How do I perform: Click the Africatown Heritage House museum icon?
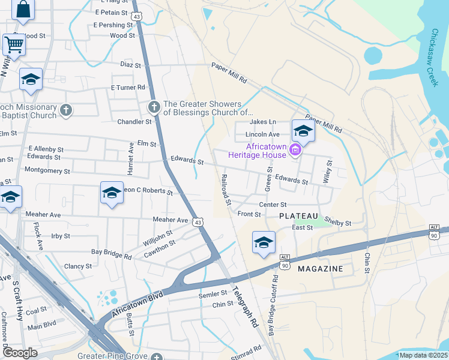[x=295, y=149]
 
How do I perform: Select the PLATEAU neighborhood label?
[x=298, y=215]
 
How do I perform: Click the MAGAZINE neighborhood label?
[x=321, y=269]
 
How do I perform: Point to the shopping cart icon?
[x=13, y=43]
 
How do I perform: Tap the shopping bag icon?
[x=23, y=10]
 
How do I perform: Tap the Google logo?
[x=20, y=353]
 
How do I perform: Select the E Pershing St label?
[x=113, y=25]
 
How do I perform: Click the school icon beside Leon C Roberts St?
[x=112, y=193]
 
